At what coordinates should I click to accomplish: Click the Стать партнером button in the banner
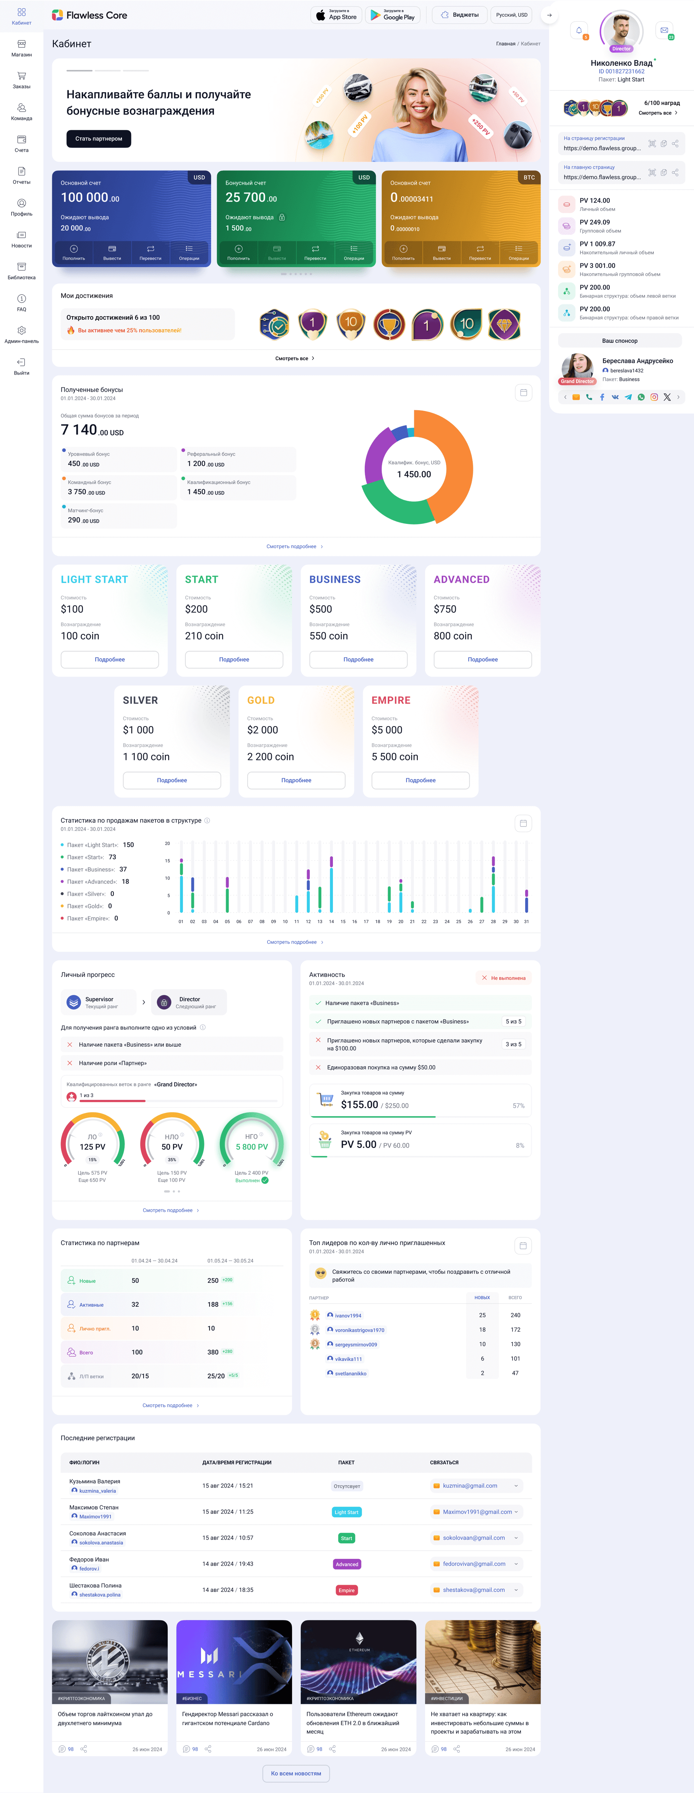(x=99, y=139)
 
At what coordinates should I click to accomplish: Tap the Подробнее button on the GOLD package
(x=296, y=780)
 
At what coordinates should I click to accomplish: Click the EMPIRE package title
(x=391, y=700)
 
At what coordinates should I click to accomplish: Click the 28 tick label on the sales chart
(x=493, y=921)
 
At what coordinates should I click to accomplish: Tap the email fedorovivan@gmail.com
(x=474, y=1564)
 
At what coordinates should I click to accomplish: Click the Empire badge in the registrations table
(x=346, y=1590)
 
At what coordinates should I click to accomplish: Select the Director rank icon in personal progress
(x=164, y=1002)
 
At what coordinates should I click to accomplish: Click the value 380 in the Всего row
(x=213, y=1352)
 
